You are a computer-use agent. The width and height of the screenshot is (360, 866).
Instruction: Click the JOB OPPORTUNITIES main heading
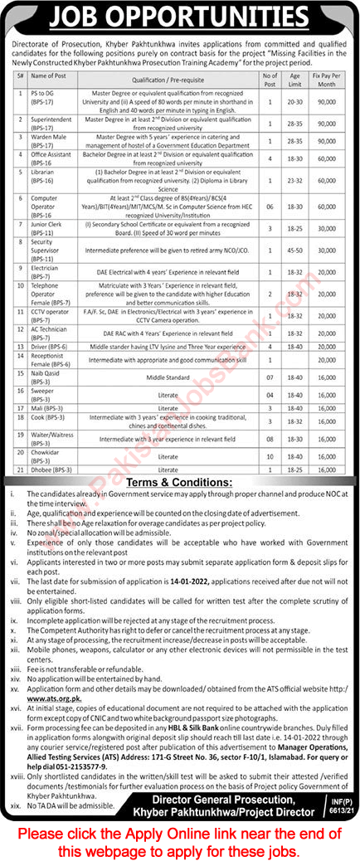tap(179, 17)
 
